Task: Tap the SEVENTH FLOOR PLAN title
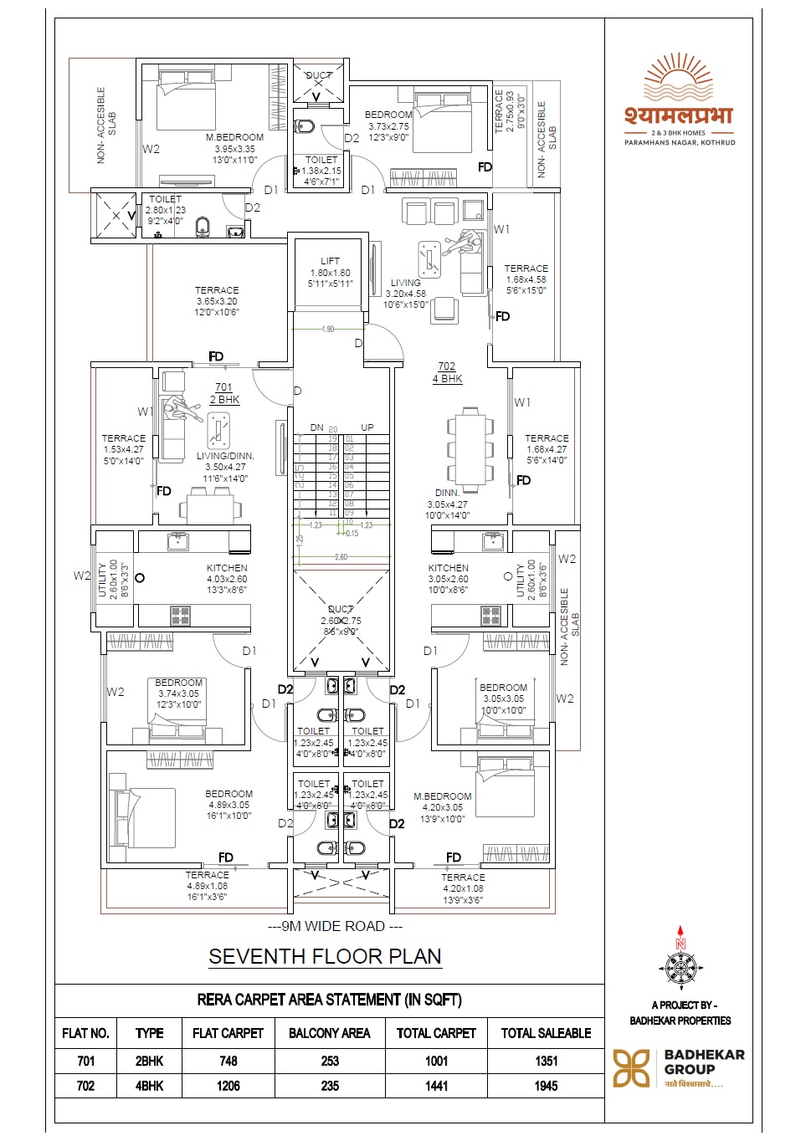(325, 956)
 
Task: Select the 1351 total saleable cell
(546, 1061)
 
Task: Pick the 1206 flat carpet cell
(228, 1086)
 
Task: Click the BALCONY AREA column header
(329, 1033)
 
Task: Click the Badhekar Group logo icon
(632, 1068)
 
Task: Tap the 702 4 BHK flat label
(447, 372)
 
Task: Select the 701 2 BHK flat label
(223, 393)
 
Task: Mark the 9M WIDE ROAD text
(335, 926)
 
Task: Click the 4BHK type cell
(149, 1086)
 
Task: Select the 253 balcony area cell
(330, 1061)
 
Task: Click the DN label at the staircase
(316, 427)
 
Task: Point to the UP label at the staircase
(367, 427)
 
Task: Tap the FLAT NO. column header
(85, 1033)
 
